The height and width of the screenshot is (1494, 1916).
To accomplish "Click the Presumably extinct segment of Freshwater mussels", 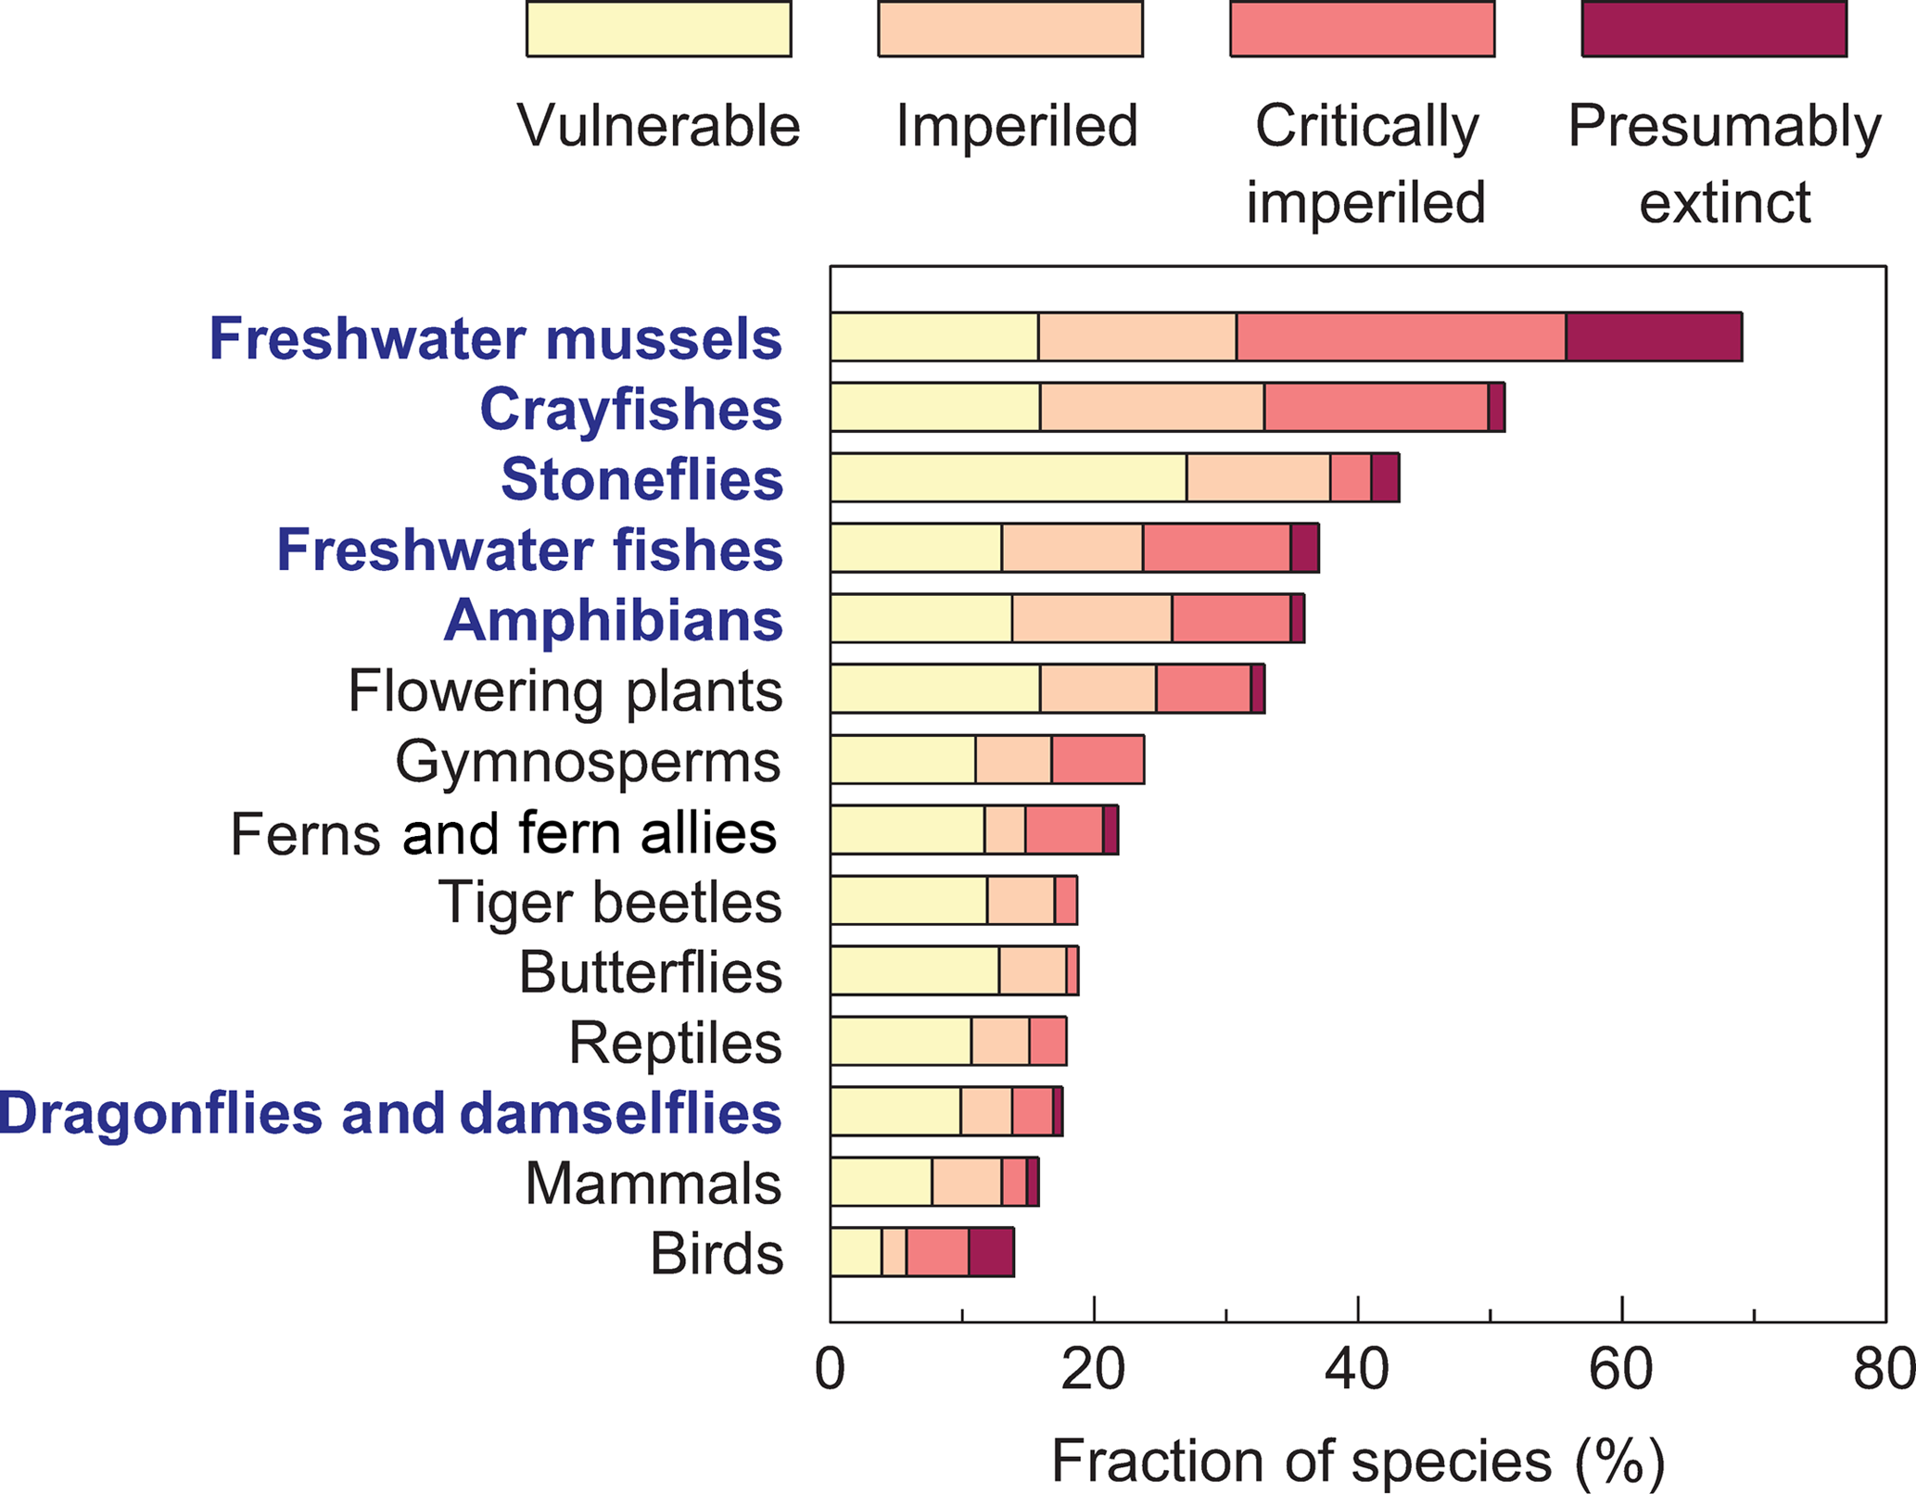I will (1654, 336).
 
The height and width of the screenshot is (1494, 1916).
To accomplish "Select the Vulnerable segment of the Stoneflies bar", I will (1009, 478).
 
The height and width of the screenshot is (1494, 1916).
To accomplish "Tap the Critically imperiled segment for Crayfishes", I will (1376, 407).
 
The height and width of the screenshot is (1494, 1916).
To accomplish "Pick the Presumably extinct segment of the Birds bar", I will (991, 1252).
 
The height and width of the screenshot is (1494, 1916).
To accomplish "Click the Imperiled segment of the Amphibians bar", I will (1092, 618).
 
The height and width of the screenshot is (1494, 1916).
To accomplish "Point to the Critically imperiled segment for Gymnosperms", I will (1098, 760).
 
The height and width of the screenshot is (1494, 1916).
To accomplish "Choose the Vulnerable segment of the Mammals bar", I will (881, 1182).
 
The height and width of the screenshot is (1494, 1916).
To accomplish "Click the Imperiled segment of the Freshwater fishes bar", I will (1072, 548).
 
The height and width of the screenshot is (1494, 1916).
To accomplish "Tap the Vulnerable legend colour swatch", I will (658, 29).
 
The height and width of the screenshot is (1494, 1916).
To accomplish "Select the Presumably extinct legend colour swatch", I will (1714, 29).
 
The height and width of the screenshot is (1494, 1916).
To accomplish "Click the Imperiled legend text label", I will (1016, 126).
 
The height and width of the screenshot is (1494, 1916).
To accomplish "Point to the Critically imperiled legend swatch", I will (1362, 29).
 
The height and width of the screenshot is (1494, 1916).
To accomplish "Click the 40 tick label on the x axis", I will (1357, 1370).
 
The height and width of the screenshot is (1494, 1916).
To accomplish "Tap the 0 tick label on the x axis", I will (831, 1370).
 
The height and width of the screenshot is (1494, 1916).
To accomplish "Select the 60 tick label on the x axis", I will (1621, 1370).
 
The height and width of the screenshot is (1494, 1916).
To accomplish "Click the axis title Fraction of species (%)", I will (1357, 1462).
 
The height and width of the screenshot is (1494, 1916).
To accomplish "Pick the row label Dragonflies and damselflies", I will (390, 1112).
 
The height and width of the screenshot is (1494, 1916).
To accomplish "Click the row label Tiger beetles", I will (610, 902).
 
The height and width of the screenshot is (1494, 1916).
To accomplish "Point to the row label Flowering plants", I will (565, 691).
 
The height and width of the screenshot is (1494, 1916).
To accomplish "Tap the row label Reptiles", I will (675, 1043).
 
